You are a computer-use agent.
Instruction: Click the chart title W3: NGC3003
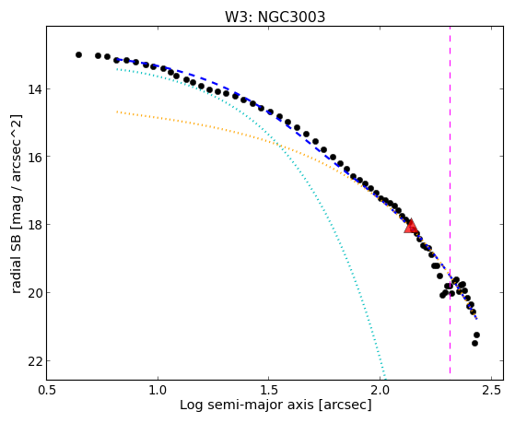click(x=275, y=17)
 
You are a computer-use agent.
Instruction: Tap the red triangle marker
click(x=411, y=226)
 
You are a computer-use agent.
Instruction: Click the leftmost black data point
click(x=78, y=54)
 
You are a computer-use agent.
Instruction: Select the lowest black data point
click(x=474, y=343)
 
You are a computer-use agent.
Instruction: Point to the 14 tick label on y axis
click(x=34, y=89)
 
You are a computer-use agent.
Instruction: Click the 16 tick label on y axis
click(x=34, y=157)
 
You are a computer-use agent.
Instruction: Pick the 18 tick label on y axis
click(x=34, y=225)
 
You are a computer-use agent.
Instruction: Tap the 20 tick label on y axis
click(x=34, y=292)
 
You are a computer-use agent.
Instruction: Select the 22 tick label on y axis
click(x=34, y=361)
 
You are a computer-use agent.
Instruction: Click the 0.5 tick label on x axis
click(x=47, y=390)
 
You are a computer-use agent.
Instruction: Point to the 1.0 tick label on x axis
click(x=158, y=390)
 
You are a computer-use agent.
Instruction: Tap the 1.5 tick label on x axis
click(x=269, y=390)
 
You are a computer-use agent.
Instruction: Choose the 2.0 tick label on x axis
click(x=380, y=390)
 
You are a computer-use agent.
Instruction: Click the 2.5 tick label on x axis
click(x=491, y=390)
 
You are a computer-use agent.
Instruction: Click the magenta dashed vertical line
click(x=450, y=200)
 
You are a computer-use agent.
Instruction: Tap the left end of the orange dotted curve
click(x=117, y=112)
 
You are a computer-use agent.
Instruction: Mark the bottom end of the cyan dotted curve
click(x=385, y=380)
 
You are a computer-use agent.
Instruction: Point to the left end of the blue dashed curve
click(x=117, y=60)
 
